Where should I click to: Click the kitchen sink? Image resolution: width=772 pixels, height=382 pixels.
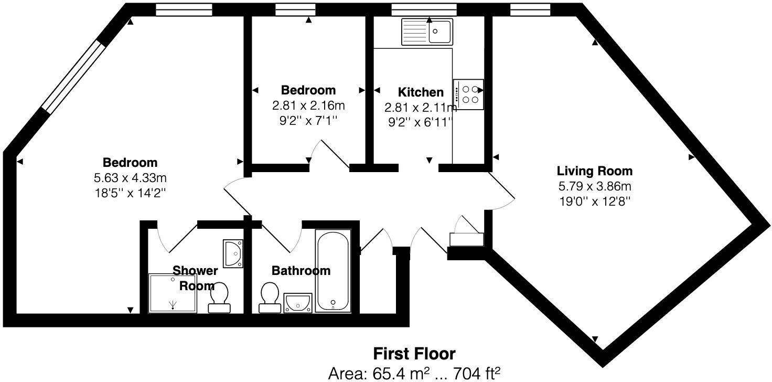[427, 31]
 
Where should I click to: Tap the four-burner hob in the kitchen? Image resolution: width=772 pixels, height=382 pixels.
[468, 94]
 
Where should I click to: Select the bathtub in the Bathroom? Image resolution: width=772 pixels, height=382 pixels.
[333, 271]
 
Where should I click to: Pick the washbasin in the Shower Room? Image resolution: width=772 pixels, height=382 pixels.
[233, 254]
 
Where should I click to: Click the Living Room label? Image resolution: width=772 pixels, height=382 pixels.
[594, 171]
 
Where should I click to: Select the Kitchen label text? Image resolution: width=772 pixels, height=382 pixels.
[421, 92]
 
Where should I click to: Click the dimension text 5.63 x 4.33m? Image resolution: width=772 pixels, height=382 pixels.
[130, 177]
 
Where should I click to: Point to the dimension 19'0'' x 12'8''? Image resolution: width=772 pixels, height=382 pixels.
[594, 200]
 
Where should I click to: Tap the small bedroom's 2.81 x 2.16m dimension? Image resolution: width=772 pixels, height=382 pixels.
[308, 105]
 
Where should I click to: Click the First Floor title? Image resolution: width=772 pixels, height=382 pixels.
[414, 353]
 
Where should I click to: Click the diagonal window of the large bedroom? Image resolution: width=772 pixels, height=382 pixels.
[73, 77]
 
